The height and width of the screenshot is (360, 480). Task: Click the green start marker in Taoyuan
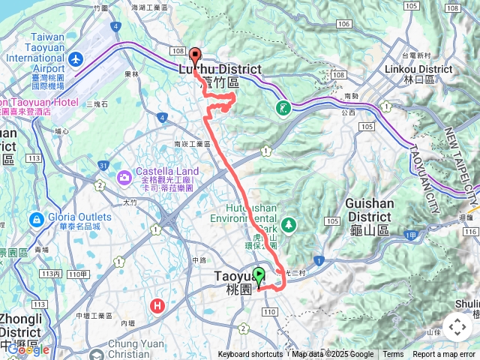259,276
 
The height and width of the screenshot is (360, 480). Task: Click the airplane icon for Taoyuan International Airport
75,58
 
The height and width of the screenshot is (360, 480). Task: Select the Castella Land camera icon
124,176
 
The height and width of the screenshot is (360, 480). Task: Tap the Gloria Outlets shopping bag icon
35,220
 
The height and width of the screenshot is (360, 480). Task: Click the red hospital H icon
157,305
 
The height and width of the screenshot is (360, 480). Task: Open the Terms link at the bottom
393,355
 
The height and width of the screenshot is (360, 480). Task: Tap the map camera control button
457,327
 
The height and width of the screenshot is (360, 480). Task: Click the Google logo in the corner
28,349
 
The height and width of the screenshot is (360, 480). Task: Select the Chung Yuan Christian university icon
97,352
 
